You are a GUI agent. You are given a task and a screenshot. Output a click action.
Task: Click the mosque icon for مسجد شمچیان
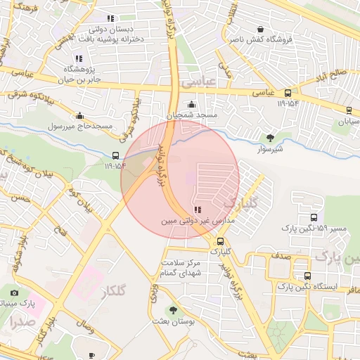tap(191, 105)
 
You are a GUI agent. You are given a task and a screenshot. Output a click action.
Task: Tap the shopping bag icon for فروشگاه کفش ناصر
tap(262, 30)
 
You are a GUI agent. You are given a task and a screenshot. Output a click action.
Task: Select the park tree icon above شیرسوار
tap(271, 138)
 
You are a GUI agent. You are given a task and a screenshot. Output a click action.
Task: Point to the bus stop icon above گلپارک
tap(221, 241)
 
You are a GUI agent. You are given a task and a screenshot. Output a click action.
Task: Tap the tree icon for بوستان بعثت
tap(173, 309)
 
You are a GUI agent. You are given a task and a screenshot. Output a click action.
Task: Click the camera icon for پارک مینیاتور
tap(15, 292)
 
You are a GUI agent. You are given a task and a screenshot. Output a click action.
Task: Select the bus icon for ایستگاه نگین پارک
tap(307, 276)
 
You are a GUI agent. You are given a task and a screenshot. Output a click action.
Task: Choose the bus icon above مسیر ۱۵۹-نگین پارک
tap(313, 217)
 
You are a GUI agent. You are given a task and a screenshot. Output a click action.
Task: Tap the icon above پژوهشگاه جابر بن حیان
tap(78, 58)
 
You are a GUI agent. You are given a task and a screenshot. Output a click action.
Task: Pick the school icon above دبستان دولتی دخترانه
tap(110, 19)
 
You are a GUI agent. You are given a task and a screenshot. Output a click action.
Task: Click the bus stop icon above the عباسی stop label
tap(288, 93)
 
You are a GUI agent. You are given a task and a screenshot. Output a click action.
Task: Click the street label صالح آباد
tap(345, 72)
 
